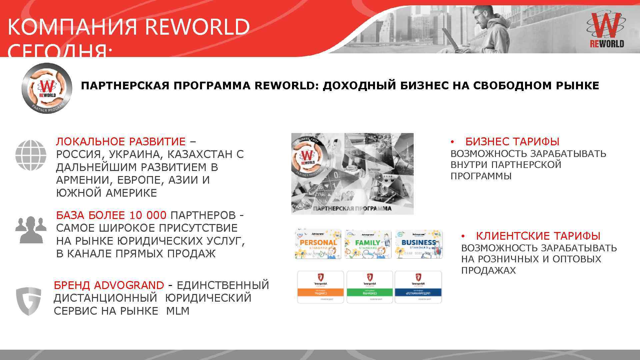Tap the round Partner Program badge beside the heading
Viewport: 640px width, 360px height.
point(47,89)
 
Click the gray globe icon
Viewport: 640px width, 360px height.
point(31,155)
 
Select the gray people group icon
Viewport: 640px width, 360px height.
point(31,229)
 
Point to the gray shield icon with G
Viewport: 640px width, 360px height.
point(29,301)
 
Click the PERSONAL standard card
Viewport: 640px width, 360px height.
point(318,244)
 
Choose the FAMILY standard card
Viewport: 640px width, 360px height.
point(368,244)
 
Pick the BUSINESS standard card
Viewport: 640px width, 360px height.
point(419,244)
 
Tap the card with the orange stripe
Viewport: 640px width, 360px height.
point(320,287)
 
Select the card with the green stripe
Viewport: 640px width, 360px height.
point(370,287)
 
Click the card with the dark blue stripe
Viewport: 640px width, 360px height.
point(418,287)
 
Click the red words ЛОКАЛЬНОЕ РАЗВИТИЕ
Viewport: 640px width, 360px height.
point(121,142)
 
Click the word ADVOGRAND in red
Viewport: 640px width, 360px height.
point(129,285)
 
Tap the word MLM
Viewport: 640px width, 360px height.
point(178,311)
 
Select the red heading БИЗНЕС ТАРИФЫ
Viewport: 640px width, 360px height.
point(512,142)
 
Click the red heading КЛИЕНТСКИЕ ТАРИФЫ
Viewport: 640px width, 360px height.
point(538,236)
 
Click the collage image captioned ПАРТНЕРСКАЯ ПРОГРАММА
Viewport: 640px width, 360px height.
point(352,173)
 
